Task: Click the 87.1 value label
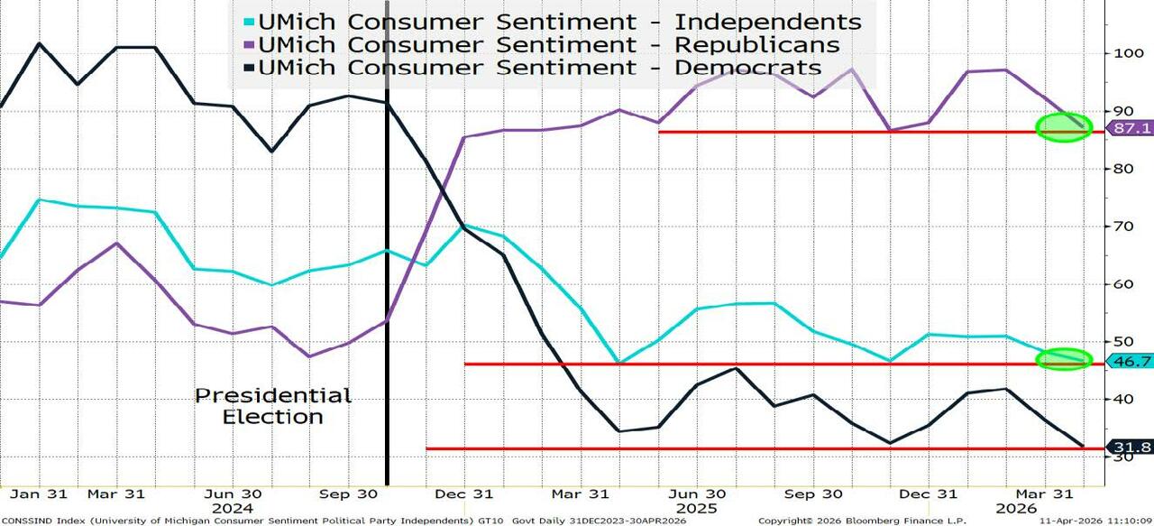click(x=1131, y=128)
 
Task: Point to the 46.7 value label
click(x=1131, y=361)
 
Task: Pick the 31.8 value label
click(x=1131, y=447)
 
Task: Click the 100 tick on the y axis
click(x=1123, y=53)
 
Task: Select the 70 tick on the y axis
click(x=1120, y=226)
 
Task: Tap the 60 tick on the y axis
click(x=1120, y=284)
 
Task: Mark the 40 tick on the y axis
click(x=1120, y=399)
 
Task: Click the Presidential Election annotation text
click(x=273, y=406)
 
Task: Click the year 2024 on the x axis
click(x=232, y=508)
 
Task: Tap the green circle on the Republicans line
click(x=1064, y=126)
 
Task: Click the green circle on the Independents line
click(x=1064, y=359)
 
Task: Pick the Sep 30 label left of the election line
click(x=347, y=494)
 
